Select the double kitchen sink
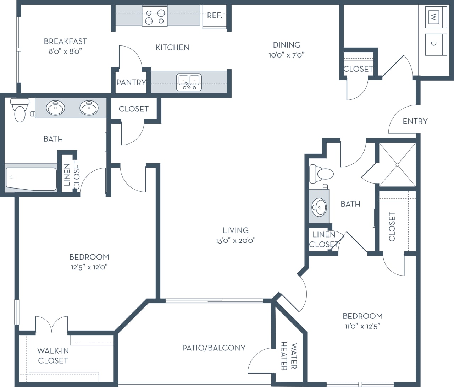click(x=189, y=82)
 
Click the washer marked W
click(x=433, y=16)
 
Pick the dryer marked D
click(x=433, y=44)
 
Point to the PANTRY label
click(x=131, y=82)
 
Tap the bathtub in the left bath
click(x=31, y=179)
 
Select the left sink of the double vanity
click(x=56, y=108)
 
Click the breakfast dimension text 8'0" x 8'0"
click(x=65, y=51)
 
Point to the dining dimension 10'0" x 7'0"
click(x=287, y=55)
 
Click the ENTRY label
click(x=415, y=121)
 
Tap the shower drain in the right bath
click(x=398, y=165)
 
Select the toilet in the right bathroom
click(x=321, y=174)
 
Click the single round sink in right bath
click(x=319, y=207)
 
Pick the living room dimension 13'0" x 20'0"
click(x=236, y=241)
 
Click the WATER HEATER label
click(x=289, y=356)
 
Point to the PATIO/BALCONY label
click(x=214, y=348)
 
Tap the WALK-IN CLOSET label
click(x=53, y=355)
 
